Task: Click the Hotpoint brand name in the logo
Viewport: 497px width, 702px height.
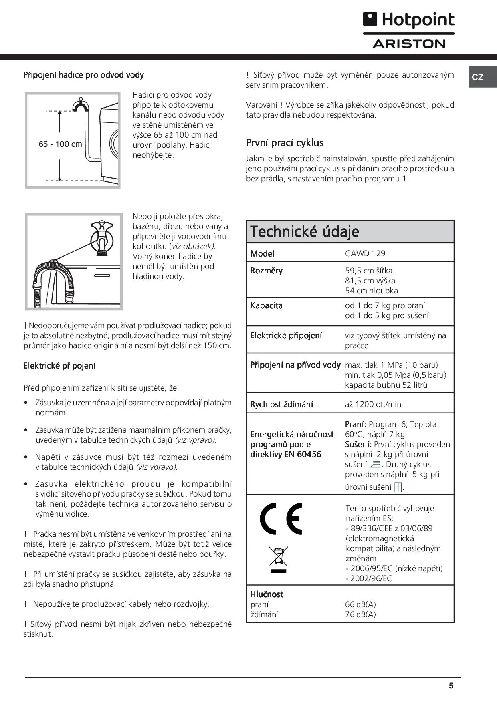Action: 418,20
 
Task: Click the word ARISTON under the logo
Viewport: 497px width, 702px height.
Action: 409,44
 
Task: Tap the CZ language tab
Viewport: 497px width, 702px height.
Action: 478,77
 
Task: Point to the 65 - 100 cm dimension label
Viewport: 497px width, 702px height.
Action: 60,144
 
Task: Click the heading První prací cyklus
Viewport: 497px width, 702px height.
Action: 285,143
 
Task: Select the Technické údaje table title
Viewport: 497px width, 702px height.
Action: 305,231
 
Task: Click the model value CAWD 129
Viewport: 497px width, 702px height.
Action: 365,253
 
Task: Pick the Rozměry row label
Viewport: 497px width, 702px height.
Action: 266,271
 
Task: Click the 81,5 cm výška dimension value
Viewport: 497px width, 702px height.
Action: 370,281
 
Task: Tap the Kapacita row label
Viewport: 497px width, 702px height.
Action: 266,305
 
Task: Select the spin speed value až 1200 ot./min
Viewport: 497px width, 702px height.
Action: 373,404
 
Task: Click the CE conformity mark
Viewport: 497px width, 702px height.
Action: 281,518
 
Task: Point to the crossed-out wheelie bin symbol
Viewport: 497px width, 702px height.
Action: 278,559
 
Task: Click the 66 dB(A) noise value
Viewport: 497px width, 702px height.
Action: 360,604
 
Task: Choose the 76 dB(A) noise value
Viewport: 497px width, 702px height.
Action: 360,614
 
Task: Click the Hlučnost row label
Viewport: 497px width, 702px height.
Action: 267,594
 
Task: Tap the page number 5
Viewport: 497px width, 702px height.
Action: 451,686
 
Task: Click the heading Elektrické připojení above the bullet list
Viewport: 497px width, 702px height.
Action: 59,365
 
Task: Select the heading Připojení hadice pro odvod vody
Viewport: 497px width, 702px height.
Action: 83,75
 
